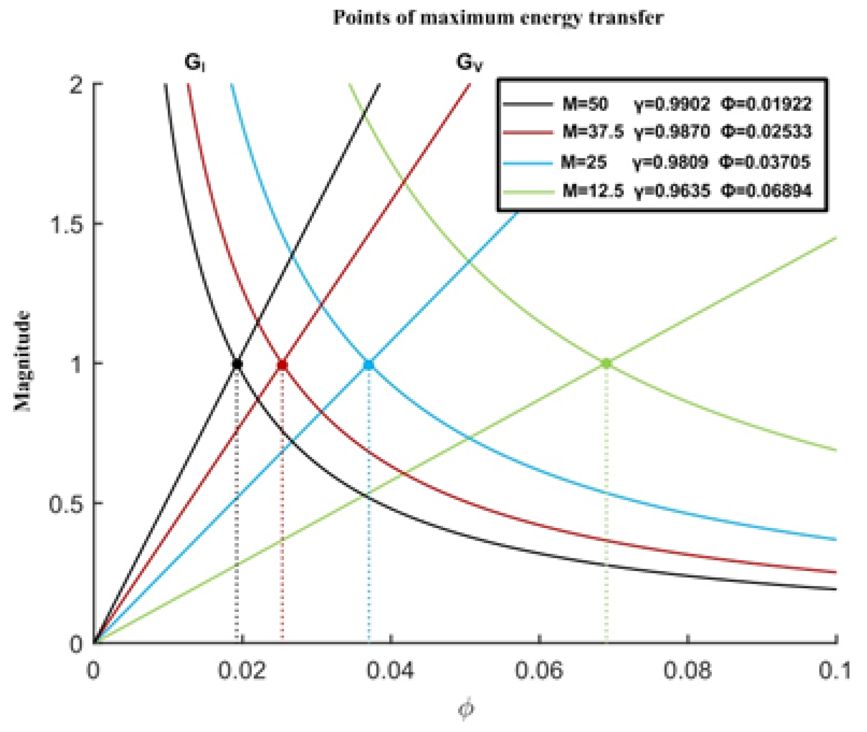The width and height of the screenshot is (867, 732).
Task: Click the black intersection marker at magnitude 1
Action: [237, 364]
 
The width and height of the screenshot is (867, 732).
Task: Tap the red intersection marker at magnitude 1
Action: [282, 365]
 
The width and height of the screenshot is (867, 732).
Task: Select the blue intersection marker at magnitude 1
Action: [369, 365]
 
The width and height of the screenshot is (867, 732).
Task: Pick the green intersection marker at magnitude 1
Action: [606, 364]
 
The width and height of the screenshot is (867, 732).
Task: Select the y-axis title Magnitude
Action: [23, 361]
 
